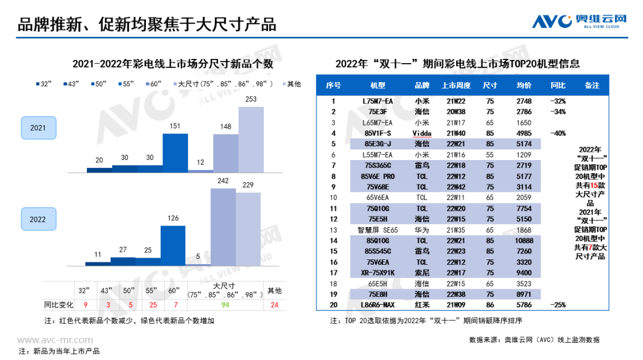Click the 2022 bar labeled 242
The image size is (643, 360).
(223, 227)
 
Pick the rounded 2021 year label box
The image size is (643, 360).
(38, 128)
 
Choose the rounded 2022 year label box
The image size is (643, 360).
(38, 219)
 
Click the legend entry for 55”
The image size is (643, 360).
(125, 84)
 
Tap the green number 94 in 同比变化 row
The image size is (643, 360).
(226, 305)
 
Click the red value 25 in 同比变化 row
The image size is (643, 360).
(154, 305)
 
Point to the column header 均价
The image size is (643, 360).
(524, 86)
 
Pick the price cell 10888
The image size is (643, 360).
(524, 240)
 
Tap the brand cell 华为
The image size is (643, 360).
(422, 230)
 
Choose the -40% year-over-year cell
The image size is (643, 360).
(558, 133)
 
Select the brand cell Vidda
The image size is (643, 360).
(422, 133)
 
